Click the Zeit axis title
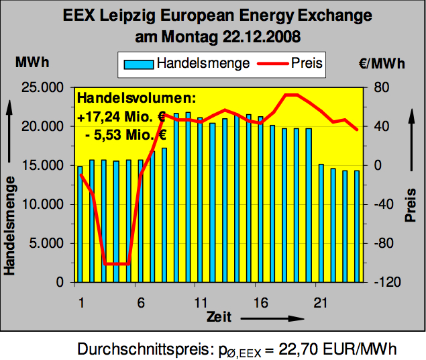click(220, 316)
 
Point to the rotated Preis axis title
click(411, 204)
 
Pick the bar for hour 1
click(80, 224)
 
